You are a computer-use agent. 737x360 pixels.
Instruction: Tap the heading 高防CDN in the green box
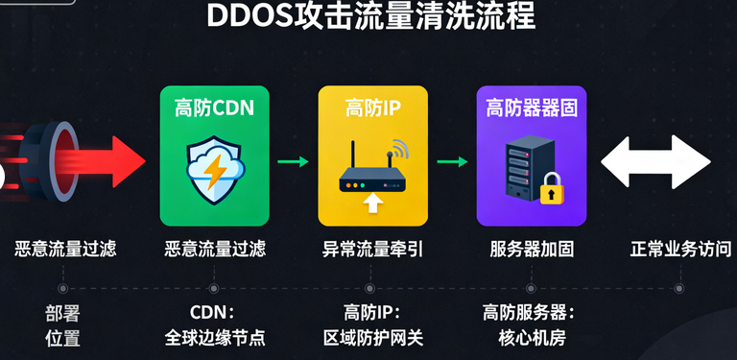(x=214, y=108)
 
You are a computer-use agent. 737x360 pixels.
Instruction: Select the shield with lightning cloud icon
(x=214, y=167)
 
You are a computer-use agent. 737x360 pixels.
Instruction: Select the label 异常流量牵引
(x=372, y=250)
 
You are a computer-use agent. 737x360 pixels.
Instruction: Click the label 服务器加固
(x=532, y=250)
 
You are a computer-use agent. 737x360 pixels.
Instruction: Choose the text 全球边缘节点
(x=214, y=337)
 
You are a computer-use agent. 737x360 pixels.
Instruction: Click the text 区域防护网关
(x=372, y=337)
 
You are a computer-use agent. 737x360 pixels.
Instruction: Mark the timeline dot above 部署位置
(x=62, y=287)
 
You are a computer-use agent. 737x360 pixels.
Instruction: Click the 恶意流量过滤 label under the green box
(x=214, y=250)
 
